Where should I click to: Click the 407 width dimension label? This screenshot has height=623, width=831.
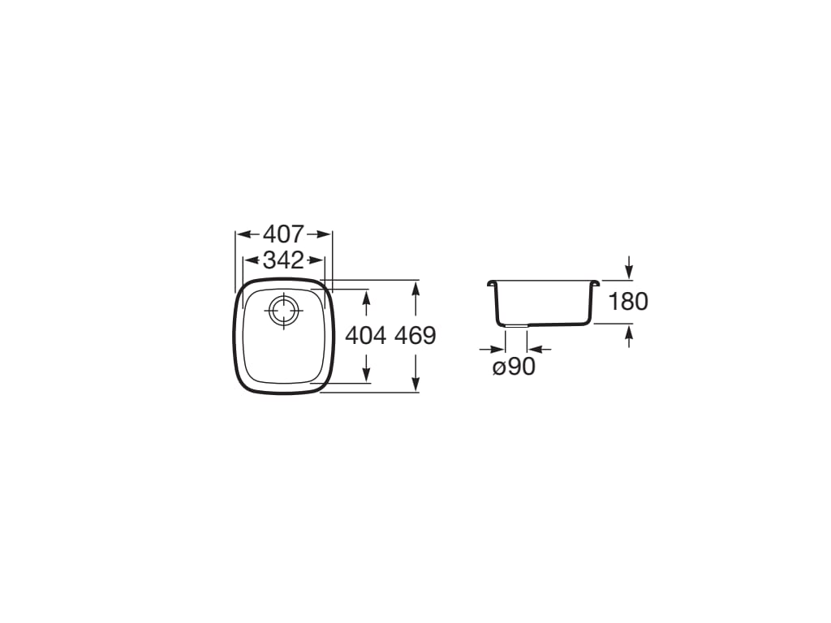pyautogui.click(x=283, y=234)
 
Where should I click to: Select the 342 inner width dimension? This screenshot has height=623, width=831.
pyautogui.click(x=283, y=260)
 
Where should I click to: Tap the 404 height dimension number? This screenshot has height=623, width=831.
pyautogui.click(x=366, y=335)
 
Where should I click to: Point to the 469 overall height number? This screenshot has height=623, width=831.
pyautogui.click(x=415, y=335)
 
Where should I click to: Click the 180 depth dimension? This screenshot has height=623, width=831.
pyautogui.click(x=628, y=302)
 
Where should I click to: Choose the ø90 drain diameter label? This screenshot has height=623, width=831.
pyautogui.click(x=514, y=367)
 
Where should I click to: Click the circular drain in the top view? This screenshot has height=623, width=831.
pyautogui.click(x=284, y=311)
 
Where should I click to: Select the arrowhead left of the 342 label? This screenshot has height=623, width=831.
pyautogui.click(x=253, y=260)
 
